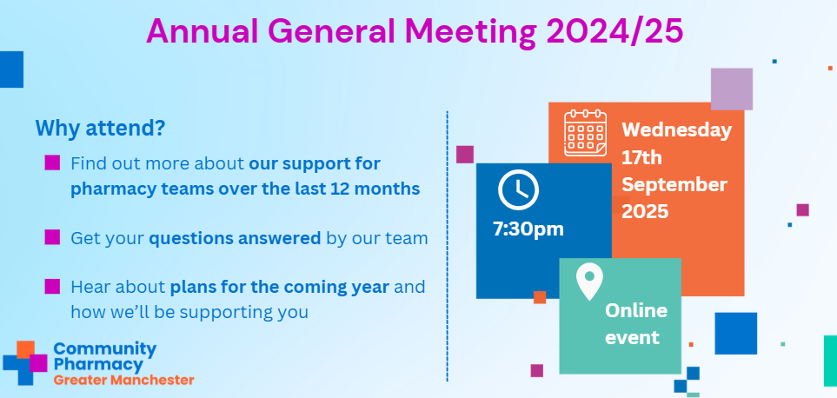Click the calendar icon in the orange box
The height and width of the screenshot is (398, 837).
(586, 133)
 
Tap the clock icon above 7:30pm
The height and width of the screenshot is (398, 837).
(518, 189)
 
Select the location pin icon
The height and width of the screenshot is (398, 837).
(589, 282)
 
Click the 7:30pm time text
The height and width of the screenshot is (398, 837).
(528, 229)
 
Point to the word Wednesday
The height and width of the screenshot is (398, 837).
(676, 130)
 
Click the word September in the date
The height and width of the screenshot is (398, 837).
(674, 184)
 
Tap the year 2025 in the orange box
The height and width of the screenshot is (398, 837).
(645, 212)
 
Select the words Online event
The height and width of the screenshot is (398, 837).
(635, 324)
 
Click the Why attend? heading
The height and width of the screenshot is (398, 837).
(100, 128)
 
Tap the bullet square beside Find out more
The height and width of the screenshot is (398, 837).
(52, 163)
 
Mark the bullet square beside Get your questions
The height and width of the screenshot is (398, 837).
(52, 237)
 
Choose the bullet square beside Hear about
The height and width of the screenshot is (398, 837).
(52, 286)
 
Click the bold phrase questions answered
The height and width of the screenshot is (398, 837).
(235, 238)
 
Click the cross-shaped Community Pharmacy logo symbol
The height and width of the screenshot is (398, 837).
(25, 362)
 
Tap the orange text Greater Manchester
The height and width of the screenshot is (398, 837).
(123, 381)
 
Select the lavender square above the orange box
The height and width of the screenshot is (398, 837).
(731, 90)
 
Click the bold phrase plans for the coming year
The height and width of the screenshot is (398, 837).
(279, 287)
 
